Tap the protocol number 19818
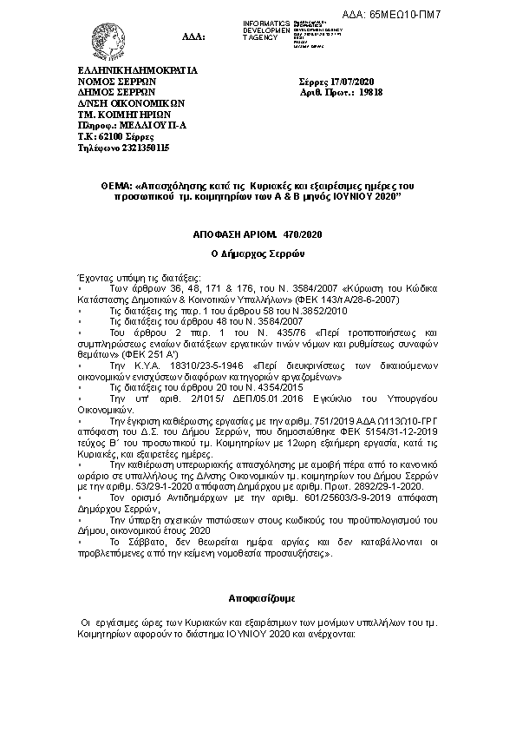point(370,90)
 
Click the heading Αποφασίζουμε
point(258,599)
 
